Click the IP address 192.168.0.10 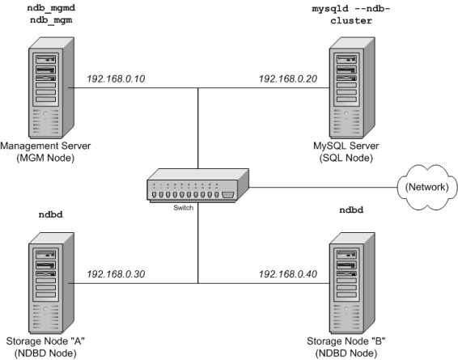tap(116, 78)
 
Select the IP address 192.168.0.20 tap(288, 78)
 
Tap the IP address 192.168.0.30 tap(116, 274)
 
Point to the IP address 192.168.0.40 tap(288, 274)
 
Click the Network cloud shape tap(427, 187)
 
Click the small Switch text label tap(184, 208)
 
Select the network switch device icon tap(197, 185)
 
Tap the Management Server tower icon tap(51, 87)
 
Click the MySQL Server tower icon tap(352, 87)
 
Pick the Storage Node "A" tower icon tap(51, 283)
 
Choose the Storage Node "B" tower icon tap(352, 283)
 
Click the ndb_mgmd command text tap(51, 8)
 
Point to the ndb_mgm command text tap(51, 20)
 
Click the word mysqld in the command tap(330, 9)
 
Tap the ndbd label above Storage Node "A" tap(51, 214)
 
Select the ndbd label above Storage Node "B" tap(351, 210)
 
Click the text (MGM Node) tap(45, 158)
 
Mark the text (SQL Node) tap(346, 158)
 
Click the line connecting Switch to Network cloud tap(323, 188)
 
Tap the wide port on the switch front tap(228, 195)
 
